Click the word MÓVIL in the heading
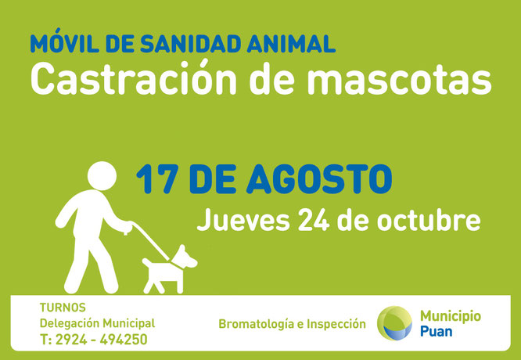[x=64, y=41]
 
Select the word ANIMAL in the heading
[x=291, y=43]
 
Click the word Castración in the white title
[x=133, y=77]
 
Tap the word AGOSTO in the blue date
[x=319, y=179]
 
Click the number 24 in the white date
[x=314, y=220]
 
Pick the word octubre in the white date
[x=429, y=220]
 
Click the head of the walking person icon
[x=102, y=176]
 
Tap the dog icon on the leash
[x=170, y=269]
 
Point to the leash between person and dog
[x=151, y=241]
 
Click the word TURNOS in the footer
[x=63, y=308]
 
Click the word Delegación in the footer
[x=70, y=323]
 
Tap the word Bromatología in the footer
[x=256, y=324]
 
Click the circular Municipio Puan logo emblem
[x=394, y=323]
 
